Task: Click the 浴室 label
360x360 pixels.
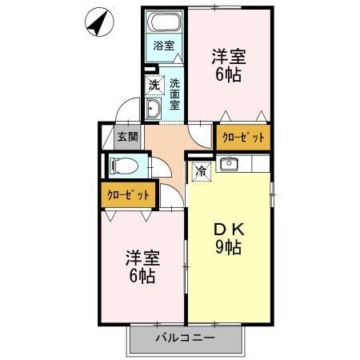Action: pos(164,46)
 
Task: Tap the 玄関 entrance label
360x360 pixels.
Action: pos(128,137)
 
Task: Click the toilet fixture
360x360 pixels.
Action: pos(124,166)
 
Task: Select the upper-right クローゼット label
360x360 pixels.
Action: pos(242,137)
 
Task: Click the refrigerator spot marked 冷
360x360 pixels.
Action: pos(201,170)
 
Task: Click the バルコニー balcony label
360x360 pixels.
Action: pos(185,339)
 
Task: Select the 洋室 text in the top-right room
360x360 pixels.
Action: pos(228,57)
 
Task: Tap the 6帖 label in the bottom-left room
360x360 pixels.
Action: pos(142,278)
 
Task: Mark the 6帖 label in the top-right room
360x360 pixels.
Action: pos(228,76)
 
